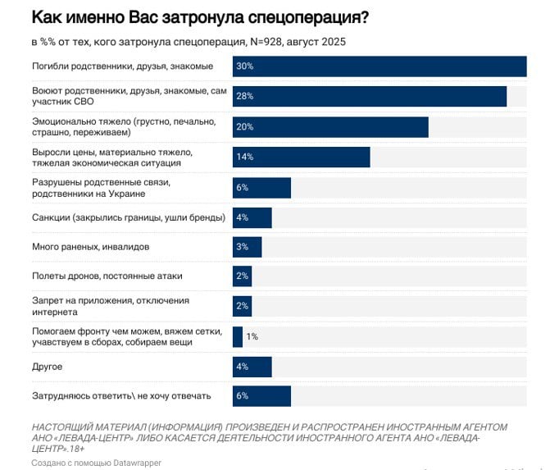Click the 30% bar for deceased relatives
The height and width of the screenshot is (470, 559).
point(379,66)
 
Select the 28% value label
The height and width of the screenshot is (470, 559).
point(244,96)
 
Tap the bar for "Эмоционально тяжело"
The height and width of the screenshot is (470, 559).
point(330,127)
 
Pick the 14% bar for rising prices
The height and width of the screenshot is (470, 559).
point(301,157)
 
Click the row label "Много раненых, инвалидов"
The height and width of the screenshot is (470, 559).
point(90,246)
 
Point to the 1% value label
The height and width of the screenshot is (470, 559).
point(252,336)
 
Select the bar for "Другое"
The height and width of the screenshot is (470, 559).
point(252,367)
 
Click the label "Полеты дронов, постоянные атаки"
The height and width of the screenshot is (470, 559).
point(107,276)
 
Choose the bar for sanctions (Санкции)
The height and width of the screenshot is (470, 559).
point(252,217)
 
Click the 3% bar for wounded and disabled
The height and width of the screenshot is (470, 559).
point(247,247)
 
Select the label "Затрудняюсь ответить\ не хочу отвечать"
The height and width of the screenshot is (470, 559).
point(121,395)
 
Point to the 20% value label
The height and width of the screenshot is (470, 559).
point(244,127)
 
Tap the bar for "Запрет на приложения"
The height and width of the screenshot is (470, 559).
point(242,306)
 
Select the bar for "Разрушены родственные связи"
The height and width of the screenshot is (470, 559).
point(261,187)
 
